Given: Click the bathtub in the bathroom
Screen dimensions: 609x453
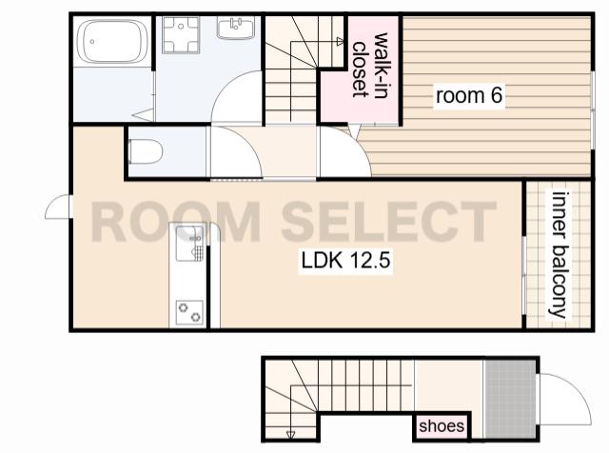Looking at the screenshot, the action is (x=112, y=42).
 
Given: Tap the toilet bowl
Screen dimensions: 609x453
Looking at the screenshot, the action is (x=145, y=151).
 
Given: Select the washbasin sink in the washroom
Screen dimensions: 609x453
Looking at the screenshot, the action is (x=236, y=28).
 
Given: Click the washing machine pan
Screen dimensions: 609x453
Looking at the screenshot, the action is (x=181, y=34).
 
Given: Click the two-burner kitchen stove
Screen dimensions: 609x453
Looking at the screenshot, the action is (x=189, y=312).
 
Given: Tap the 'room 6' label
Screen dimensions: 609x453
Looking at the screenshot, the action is (x=469, y=95).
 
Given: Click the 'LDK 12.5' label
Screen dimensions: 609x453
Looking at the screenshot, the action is (x=345, y=260).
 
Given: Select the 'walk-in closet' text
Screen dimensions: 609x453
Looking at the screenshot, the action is (x=370, y=66).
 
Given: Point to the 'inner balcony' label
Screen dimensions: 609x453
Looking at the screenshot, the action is (x=559, y=254).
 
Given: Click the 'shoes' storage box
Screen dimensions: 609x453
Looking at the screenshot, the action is (x=442, y=426).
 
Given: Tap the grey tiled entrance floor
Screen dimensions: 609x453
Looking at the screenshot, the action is (x=510, y=399).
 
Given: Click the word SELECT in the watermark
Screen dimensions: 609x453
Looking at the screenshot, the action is (x=389, y=222).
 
